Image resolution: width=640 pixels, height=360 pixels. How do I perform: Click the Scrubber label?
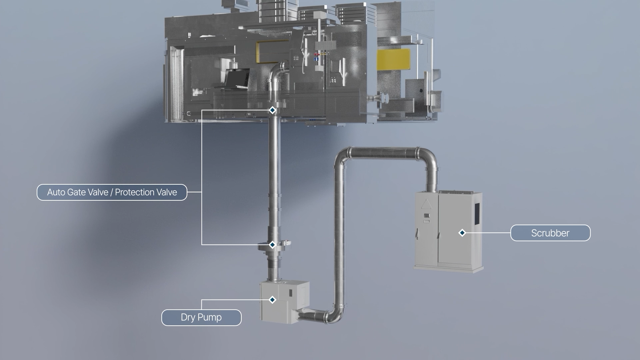[550, 233]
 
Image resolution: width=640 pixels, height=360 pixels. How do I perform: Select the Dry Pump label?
[201, 317]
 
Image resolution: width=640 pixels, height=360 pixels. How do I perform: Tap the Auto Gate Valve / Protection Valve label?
[112, 192]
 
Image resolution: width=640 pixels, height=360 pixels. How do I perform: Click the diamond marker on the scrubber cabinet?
[462, 233]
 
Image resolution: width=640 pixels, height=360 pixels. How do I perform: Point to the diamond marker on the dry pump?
[272, 300]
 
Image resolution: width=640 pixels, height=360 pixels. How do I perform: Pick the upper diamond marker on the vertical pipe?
[272, 110]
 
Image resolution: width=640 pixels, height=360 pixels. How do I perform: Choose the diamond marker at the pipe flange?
[272, 245]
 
